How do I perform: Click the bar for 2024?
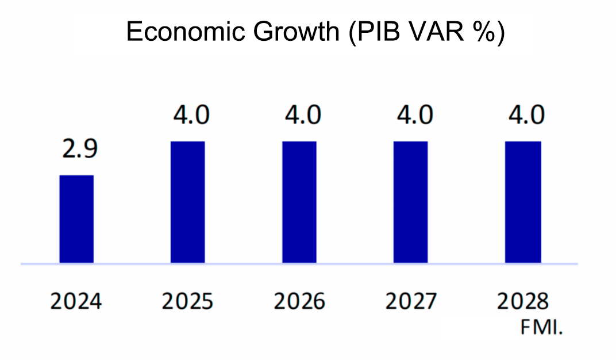[76, 219]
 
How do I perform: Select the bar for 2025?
[188, 202]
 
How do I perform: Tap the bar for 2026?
[299, 202]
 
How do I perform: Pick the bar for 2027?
[410, 202]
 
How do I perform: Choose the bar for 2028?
[522, 202]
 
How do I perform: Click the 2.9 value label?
[80, 149]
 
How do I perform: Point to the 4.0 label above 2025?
[191, 115]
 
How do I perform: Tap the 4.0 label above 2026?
[302, 115]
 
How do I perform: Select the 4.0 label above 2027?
[414, 115]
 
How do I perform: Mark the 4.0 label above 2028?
[525, 115]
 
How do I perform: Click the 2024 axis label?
[76, 301]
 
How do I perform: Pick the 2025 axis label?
[187, 301]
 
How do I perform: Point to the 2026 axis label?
[299, 301]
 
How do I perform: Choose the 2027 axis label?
[411, 301]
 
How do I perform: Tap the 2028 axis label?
[523, 301]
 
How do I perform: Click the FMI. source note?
[540, 329]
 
